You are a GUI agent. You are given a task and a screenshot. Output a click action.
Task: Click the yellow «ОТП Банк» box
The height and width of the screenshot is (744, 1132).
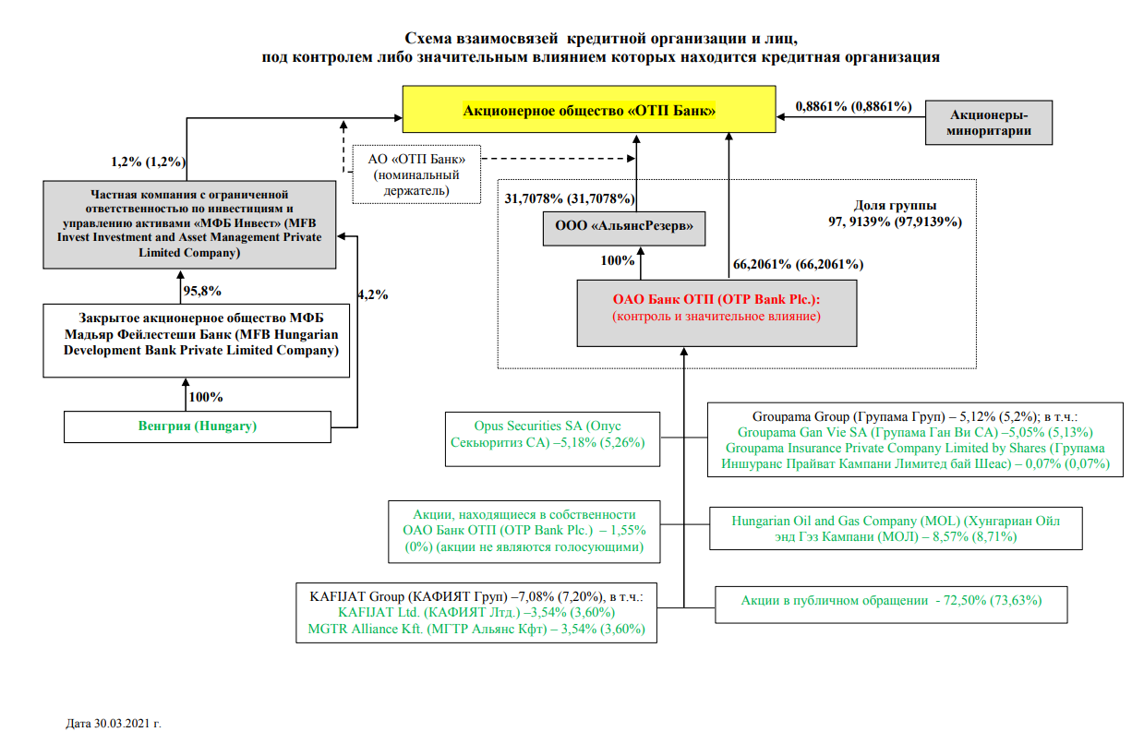pyautogui.click(x=588, y=111)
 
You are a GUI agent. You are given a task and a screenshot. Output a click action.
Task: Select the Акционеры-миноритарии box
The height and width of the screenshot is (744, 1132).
pyautogui.click(x=989, y=123)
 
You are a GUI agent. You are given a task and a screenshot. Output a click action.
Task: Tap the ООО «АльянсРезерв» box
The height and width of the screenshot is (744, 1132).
pyautogui.click(x=623, y=227)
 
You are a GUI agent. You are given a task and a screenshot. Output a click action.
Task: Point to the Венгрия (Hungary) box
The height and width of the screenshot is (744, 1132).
pyautogui.click(x=197, y=426)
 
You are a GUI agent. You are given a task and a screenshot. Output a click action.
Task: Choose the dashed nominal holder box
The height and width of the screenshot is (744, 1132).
pyautogui.click(x=417, y=174)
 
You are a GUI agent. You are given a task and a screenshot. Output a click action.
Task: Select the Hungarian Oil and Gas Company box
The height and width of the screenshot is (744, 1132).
pyautogui.click(x=896, y=528)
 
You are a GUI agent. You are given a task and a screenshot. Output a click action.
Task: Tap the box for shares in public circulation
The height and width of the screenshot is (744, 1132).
pyautogui.click(x=891, y=600)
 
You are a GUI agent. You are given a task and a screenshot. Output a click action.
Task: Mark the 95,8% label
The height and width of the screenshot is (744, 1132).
pyautogui.click(x=202, y=291)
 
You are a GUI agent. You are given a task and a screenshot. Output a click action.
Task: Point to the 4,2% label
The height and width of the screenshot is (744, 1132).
pyautogui.click(x=372, y=295)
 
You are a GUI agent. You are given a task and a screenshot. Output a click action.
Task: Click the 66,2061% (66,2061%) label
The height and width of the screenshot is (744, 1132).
pyautogui.click(x=798, y=264)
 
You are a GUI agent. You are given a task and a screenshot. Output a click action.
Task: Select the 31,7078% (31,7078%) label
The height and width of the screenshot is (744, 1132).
pyautogui.click(x=570, y=198)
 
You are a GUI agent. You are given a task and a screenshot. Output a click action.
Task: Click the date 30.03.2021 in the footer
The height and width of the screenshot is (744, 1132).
pyautogui.click(x=120, y=724)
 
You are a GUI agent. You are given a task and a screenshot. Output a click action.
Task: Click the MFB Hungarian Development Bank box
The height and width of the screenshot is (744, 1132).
pyautogui.click(x=197, y=342)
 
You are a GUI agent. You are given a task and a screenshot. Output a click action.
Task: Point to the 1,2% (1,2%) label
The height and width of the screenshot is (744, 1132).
pyautogui.click(x=149, y=162)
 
